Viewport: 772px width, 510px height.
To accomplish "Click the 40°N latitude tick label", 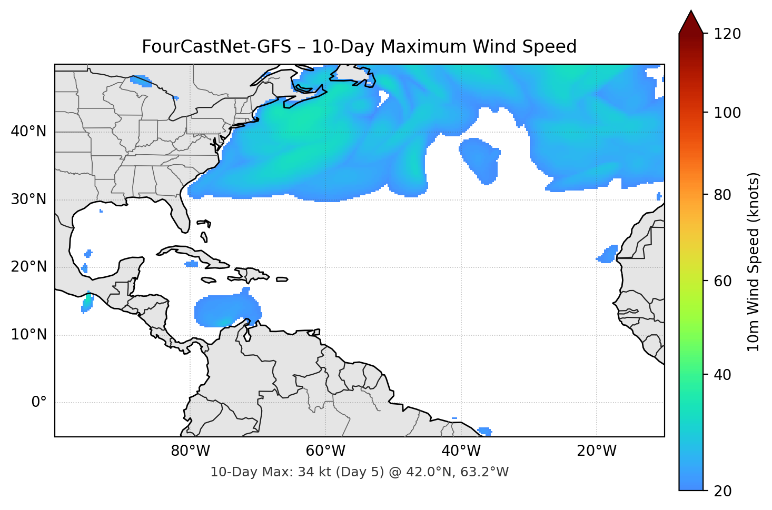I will [28, 132].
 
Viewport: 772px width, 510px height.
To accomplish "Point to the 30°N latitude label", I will [28, 199].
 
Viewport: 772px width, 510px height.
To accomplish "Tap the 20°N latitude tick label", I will [28, 267].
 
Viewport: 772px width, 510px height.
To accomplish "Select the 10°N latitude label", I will [28, 335].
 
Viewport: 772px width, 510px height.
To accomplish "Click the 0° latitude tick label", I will [39, 403].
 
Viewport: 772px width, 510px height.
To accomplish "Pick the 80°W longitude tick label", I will [190, 451].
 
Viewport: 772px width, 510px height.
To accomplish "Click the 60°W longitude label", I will [325, 451].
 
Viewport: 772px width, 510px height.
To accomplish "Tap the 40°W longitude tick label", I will [461, 451].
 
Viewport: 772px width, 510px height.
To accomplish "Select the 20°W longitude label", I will [597, 451].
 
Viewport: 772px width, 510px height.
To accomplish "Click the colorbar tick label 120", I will [727, 34].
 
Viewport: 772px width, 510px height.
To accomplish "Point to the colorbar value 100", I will [727, 113].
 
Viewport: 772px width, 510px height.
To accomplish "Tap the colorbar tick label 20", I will [722, 491].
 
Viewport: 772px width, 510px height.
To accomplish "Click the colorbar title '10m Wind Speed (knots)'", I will [754, 262].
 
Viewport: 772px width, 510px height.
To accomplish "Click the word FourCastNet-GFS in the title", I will [216, 47].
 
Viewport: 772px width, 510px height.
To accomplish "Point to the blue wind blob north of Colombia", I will [224, 311].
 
